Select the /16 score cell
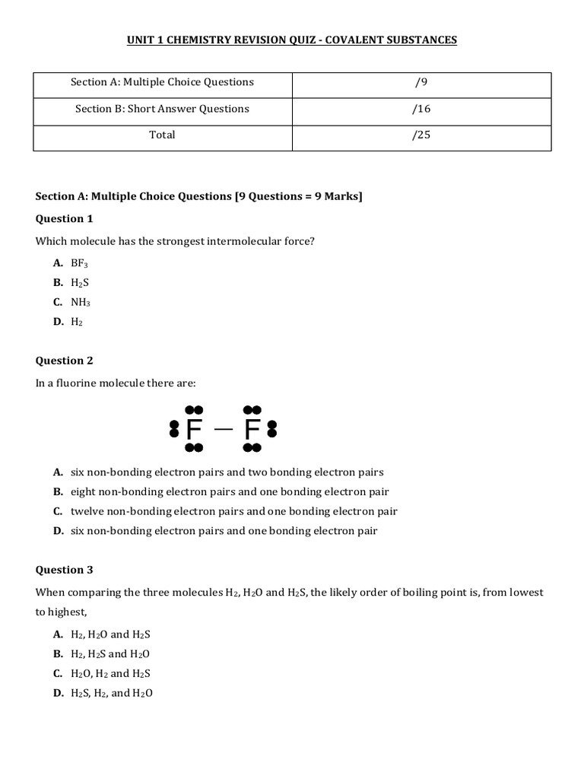pos(421,109)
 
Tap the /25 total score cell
pos(421,135)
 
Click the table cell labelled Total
pos(162,135)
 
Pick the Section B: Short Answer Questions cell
pos(162,109)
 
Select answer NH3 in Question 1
pos(81,302)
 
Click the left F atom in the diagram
pos(194,431)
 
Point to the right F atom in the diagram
pos(252,431)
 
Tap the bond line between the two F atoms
pos(224,429)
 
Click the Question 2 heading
pos(65,361)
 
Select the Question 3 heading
pos(65,570)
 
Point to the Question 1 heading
pos(65,219)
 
